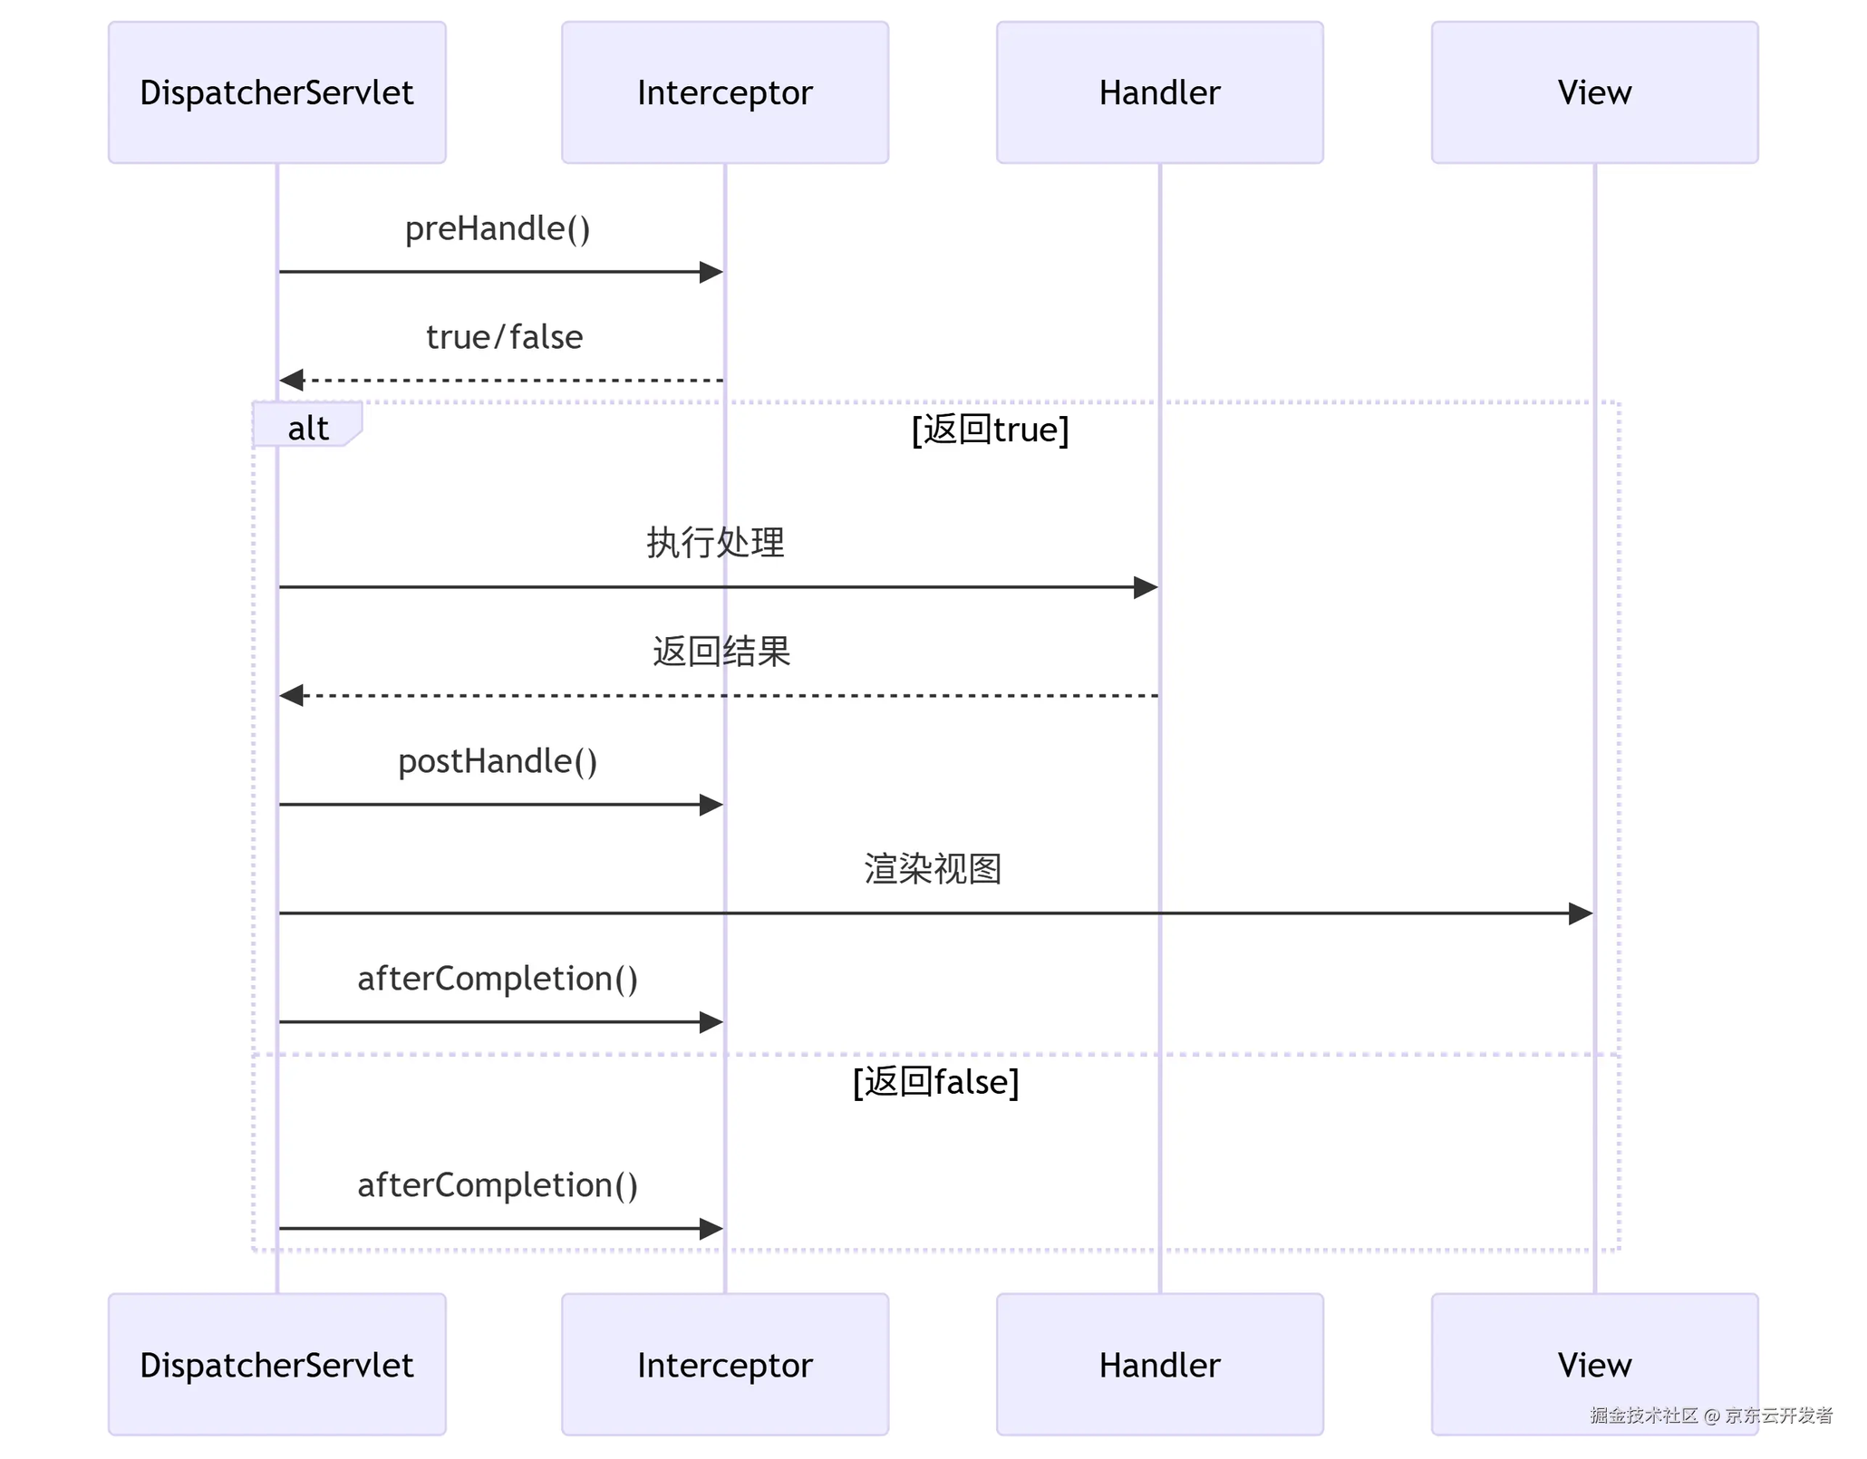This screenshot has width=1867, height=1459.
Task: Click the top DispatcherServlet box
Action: point(277,92)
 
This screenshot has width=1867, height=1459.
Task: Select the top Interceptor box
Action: point(725,92)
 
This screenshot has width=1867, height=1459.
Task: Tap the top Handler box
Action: point(1160,92)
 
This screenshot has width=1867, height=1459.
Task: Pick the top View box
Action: point(1595,92)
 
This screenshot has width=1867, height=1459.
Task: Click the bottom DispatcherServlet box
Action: point(277,1365)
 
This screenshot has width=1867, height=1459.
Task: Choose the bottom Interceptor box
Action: point(725,1365)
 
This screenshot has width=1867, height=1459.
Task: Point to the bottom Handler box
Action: point(1160,1365)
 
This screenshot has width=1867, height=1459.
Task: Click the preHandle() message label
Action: point(498,229)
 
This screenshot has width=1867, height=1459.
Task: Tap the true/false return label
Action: point(504,337)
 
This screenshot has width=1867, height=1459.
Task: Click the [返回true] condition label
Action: point(991,430)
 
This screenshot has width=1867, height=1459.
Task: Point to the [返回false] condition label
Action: point(936,1082)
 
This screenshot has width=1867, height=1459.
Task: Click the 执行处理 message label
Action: point(715,543)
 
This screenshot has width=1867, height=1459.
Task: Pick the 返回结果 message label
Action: point(721,652)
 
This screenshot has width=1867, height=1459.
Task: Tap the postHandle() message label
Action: point(498,762)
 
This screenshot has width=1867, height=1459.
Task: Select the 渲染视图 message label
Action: point(933,869)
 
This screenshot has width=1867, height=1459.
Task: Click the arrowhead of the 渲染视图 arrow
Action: point(1581,913)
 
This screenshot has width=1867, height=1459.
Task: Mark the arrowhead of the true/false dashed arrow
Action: point(291,381)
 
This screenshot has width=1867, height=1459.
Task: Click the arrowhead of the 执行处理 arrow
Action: point(1146,587)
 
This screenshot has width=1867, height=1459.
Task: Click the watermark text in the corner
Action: point(1711,1416)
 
